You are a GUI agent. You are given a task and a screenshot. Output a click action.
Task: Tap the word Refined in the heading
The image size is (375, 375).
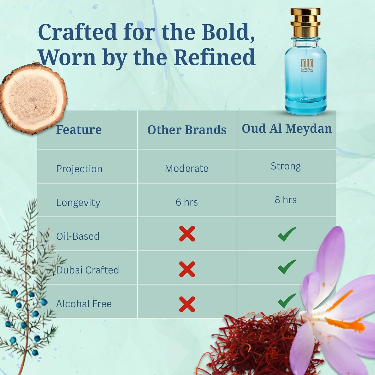(214, 57)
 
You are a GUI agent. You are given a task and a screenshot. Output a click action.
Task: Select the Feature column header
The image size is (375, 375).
(79, 129)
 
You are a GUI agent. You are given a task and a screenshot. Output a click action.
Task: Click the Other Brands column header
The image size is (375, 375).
(187, 130)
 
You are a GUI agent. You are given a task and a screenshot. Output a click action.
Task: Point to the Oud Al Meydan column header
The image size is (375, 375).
(287, 128)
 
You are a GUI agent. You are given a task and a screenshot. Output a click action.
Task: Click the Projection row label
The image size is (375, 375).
(79, 169)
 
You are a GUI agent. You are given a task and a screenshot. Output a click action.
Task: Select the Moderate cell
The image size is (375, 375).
(186, 168)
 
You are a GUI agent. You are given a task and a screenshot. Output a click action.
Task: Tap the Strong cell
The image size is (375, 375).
(286, 166)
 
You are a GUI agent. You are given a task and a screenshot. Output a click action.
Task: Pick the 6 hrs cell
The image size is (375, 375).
(186, 202)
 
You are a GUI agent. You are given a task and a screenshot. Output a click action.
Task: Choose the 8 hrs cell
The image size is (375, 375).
(285, 200)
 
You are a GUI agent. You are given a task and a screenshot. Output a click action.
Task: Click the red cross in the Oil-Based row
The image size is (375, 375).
(187, 234)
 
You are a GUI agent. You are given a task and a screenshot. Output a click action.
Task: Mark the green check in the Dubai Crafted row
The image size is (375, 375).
(287, 267)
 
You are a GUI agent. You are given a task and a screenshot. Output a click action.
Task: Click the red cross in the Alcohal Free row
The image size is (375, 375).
(187, 304)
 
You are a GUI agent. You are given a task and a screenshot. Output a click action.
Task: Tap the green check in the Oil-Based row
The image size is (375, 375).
(287, 234)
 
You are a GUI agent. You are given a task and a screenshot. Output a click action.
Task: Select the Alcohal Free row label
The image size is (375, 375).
(84, 304)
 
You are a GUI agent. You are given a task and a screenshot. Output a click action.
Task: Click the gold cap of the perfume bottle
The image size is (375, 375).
(305, 22)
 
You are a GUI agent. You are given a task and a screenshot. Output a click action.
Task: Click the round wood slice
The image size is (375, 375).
(34, 99)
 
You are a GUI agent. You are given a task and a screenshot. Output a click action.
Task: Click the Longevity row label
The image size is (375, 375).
(78, 203)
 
